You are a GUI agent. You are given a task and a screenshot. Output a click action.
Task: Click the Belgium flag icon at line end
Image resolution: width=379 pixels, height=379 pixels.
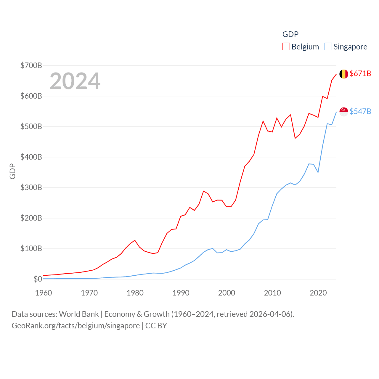(x=343, y=74)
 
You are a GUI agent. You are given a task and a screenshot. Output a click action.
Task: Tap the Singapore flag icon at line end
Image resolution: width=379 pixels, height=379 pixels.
(x=343, y=112)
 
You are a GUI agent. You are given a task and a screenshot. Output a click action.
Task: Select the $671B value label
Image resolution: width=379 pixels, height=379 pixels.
(x=360, y=73)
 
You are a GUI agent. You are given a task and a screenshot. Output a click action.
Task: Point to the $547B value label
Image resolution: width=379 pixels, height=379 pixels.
(x=360, y=111)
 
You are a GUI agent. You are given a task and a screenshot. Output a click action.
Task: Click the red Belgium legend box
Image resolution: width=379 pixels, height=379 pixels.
(x=286, y=47)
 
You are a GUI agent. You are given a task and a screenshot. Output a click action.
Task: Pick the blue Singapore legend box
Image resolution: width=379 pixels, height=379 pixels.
(x=328, y=47)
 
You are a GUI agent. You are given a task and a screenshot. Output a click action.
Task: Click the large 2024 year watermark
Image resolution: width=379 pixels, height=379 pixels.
(x=75, y=81)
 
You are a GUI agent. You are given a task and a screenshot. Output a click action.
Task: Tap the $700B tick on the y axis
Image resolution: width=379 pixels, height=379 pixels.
(x=31, y=65)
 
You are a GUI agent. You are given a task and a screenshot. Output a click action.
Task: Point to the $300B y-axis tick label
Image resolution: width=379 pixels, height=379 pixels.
(x=31, y=187)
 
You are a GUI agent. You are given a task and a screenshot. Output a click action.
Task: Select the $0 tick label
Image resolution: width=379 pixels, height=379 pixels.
(x=38, y=279)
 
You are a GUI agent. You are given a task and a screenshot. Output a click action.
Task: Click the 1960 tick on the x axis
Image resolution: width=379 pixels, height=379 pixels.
(x=44, y=293)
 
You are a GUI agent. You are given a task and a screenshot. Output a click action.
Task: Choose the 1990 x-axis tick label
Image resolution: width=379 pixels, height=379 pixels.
(x=181, y=293)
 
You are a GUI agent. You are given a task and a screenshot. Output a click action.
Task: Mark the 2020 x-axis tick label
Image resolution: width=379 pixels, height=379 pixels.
(x=318, y=293)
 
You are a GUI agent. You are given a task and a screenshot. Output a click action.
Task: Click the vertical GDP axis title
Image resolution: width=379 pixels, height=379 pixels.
(x=12, y=171)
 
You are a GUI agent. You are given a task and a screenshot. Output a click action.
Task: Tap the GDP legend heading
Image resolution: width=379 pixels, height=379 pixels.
(x=290, y=34)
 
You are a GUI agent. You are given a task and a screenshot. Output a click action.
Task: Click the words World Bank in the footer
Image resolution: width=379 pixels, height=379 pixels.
(x=79, y=314)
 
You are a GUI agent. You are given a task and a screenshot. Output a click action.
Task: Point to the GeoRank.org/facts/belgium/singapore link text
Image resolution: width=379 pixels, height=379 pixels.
(x=76, y=326)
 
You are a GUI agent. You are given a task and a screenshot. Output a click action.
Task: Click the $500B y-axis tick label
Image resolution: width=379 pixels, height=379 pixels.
(x=31, y=126)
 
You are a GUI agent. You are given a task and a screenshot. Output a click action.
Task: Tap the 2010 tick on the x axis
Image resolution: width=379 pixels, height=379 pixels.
(x=272, y=293)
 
